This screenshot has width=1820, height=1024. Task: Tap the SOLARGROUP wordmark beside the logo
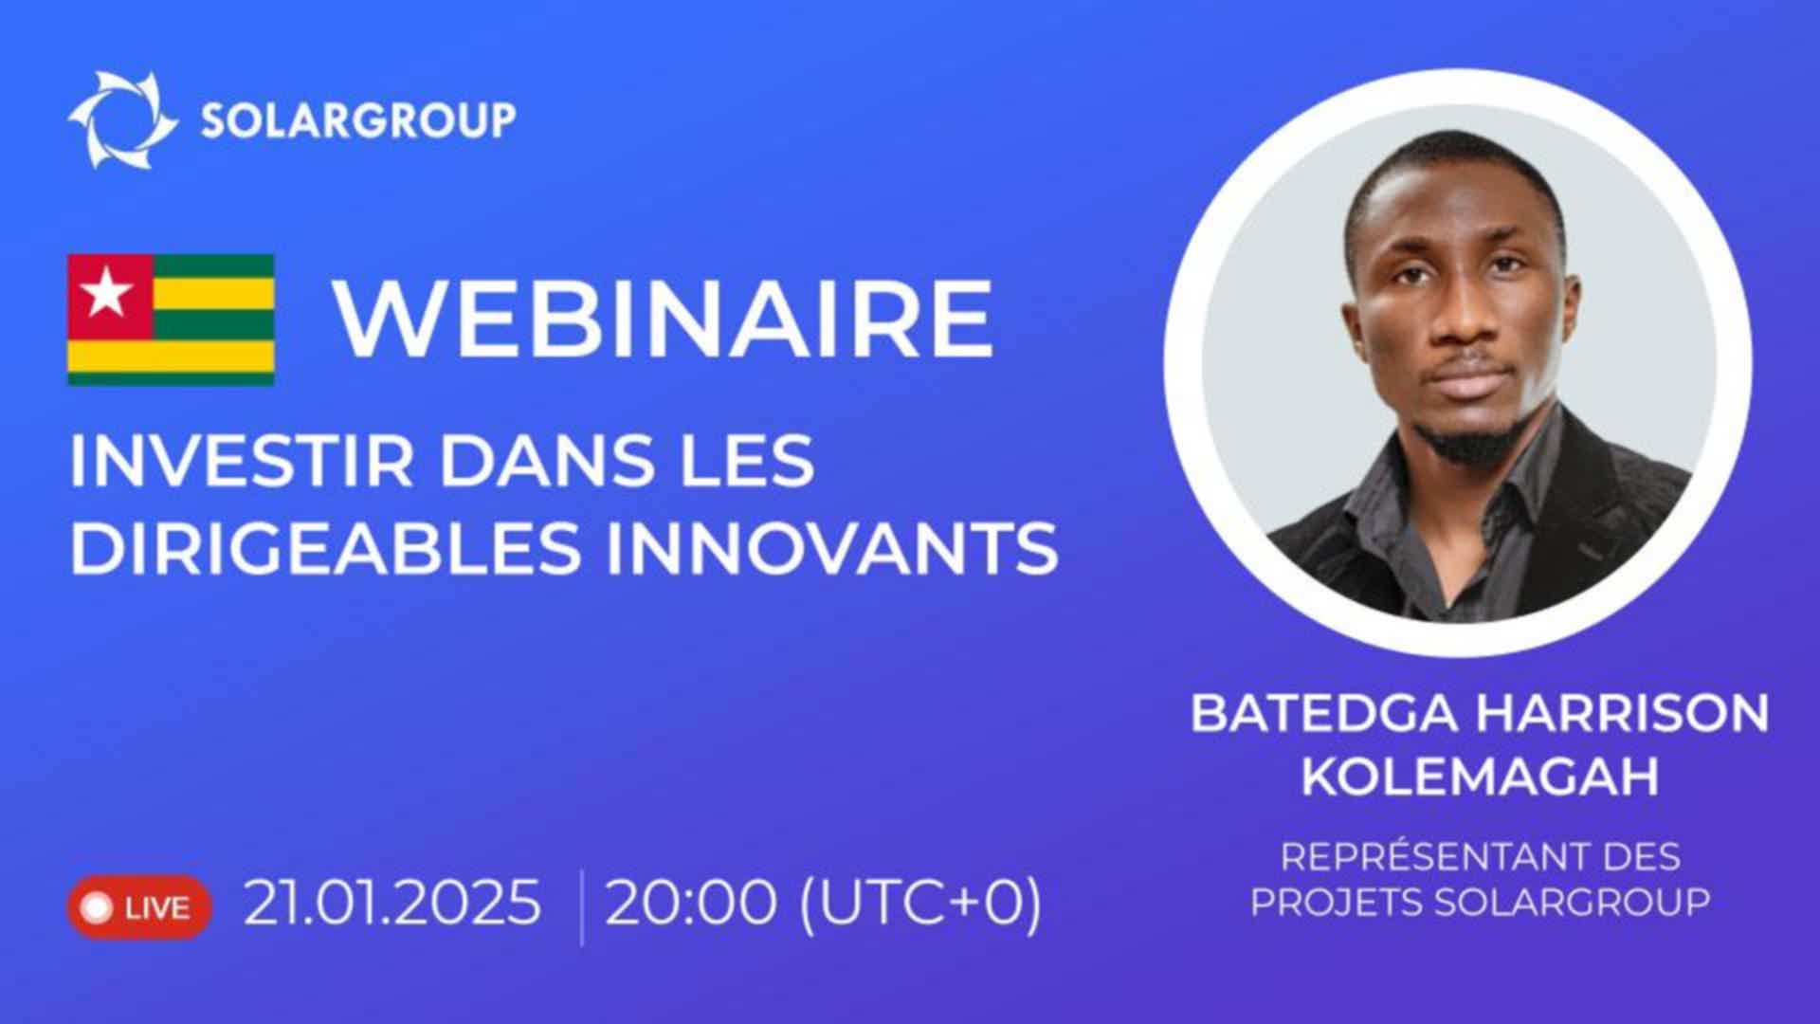point(358,120)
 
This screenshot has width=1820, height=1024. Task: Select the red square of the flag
point(110,296)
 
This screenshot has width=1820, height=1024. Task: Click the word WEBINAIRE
point(664,318)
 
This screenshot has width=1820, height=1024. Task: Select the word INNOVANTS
point(832,547)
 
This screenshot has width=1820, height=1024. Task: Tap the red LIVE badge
point(139,907)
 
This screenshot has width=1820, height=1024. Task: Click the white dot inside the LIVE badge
point(98,907)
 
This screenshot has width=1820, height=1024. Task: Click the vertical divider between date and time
point(581,907)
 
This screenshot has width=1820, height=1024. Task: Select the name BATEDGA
point(1324,713)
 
